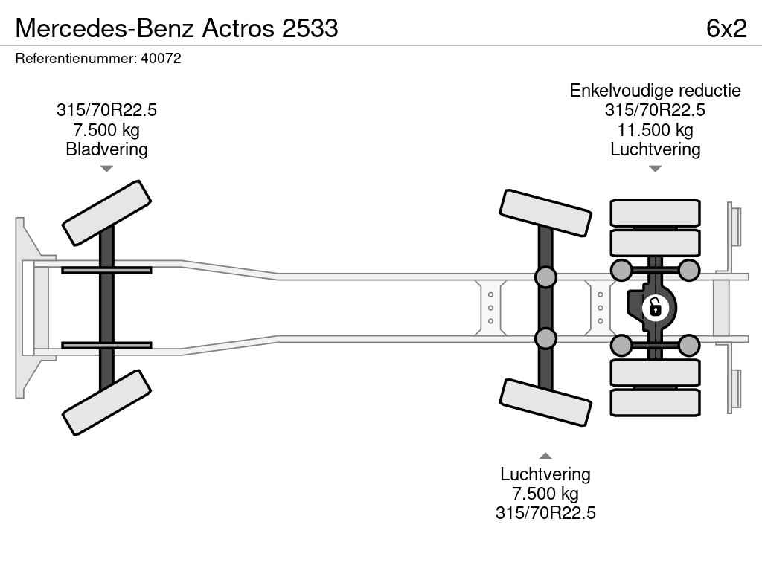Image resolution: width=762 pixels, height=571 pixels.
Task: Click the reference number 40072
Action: pos(161,58)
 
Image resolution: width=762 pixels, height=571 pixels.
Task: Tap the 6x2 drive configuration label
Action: pos(726,28)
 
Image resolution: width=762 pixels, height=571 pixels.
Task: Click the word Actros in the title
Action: pos(238,28)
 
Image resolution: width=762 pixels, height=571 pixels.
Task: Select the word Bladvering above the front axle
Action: pos(106,149)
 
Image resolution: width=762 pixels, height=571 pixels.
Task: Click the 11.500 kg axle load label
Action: pos(655,130)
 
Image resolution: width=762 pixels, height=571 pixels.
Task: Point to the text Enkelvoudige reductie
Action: pos(655,91)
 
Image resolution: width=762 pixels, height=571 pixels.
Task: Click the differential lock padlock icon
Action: pos(655,308)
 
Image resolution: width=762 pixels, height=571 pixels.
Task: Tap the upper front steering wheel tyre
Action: pos(106,213)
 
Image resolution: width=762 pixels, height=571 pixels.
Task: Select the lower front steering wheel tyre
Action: pos(106,402)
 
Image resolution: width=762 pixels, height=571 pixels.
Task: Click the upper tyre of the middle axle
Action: pos(545,213)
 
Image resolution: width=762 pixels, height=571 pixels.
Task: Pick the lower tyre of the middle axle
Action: pos(545,402)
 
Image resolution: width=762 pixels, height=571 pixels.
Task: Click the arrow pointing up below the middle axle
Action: pos(545,456)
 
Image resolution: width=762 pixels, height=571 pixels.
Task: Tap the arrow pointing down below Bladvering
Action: pos(106,169)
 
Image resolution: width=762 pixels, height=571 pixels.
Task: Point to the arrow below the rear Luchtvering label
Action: pos(655,169)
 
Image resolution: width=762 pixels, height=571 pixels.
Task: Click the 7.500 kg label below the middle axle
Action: pos(545,494)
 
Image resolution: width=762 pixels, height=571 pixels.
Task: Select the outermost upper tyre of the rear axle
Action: pos(655,213)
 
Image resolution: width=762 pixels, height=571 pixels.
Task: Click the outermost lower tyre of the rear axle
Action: pos(655,402)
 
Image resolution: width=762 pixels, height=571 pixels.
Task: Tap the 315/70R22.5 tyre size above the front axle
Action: pos(106,110)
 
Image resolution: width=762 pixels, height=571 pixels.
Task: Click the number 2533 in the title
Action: pos(310,28)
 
